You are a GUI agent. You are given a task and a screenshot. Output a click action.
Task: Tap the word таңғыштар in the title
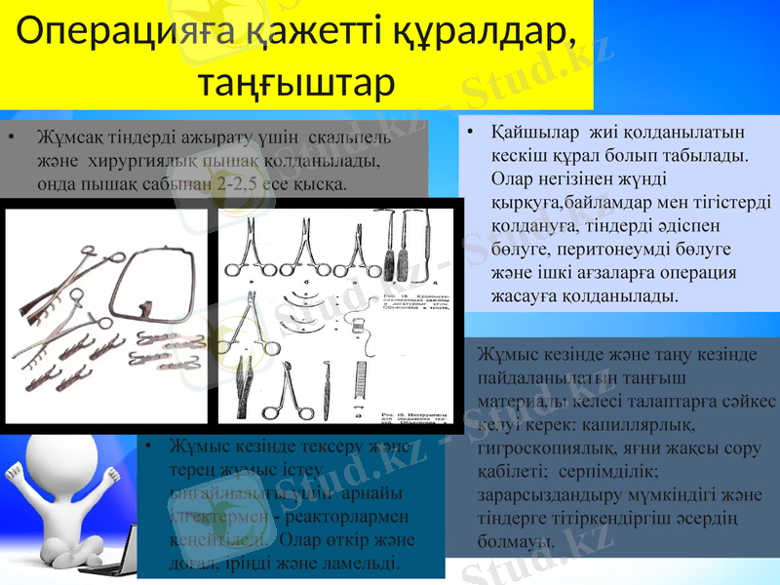coord(296,82)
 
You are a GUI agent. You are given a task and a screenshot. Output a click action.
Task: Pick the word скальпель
coord(349,136)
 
